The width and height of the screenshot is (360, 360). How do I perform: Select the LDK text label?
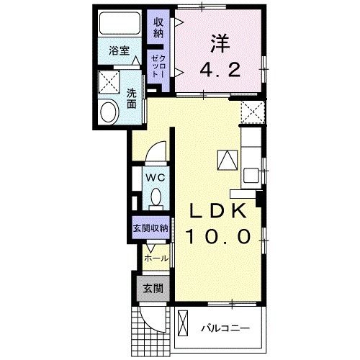(220, 212)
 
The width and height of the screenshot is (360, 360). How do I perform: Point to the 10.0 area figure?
(220, 236)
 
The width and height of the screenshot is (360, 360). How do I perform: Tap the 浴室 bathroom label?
(119, 50)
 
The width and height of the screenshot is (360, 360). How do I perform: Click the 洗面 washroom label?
(132, 97)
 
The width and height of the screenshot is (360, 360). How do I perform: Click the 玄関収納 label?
(150, 228)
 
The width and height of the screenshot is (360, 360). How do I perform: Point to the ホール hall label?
(156, 257)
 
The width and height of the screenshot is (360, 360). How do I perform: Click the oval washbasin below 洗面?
(110, 112)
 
